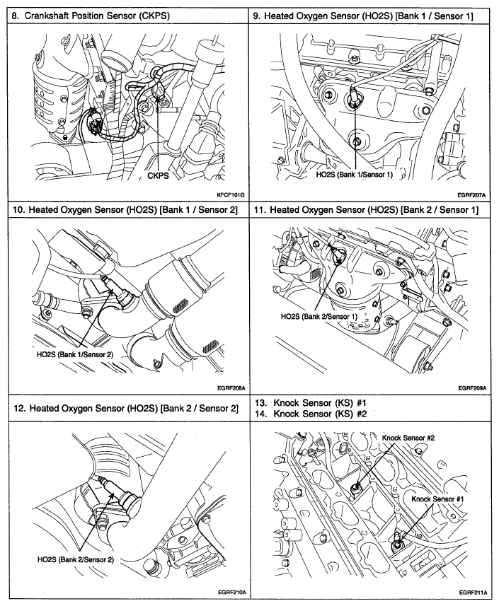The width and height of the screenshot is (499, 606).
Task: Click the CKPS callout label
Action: pos(158,177)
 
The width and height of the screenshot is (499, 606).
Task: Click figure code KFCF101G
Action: pos(226,193)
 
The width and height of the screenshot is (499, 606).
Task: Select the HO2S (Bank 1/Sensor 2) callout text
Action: pos(75,353)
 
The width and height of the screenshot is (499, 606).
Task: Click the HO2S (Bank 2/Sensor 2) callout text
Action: pos(76,559)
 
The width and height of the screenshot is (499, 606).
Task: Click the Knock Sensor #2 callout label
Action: pos(408,438)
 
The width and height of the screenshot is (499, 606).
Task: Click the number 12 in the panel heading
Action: pos(19,408)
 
